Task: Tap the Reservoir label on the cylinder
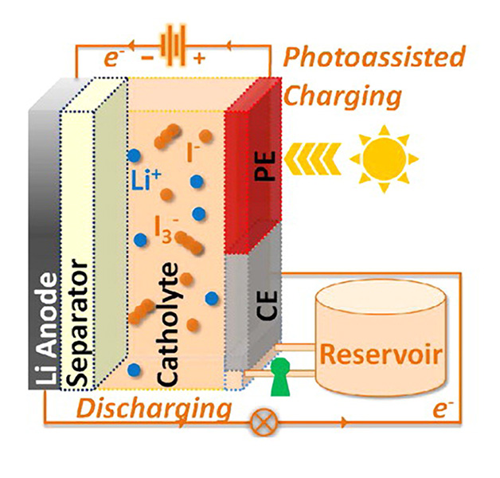(381, 353)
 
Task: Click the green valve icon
(279, 377)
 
